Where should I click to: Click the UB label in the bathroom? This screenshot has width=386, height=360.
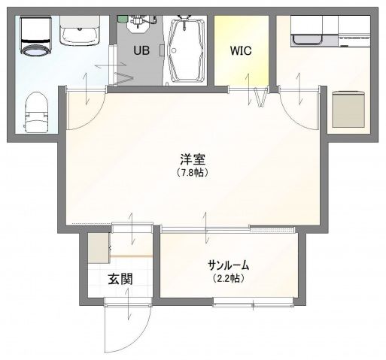pyautogui.click(x=141, y=51)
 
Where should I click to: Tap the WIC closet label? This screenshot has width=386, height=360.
pyautogui.click(x=240, y=51)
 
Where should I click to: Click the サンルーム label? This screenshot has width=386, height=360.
pyautogui.click(x=228, y=265)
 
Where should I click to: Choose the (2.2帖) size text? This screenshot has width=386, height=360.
pyautogui.click(x=228, y=278)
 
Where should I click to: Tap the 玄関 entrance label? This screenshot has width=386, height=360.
pyautogui.click(x=120, y=280)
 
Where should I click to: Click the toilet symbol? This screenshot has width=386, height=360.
pyautogui.click(x=35, y=111)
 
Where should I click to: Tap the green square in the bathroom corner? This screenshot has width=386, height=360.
pyautogui.click(x=122, y=17)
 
